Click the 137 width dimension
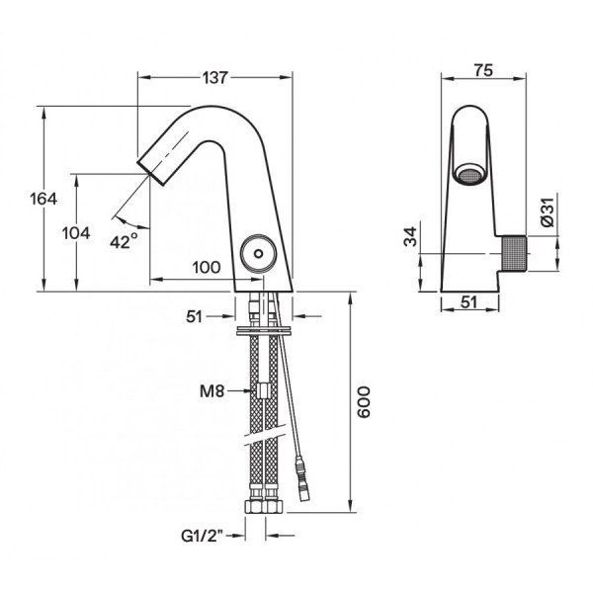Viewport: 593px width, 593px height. (215, 78)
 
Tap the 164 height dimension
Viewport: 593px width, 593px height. (43, 199)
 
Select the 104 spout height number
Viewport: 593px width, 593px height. (76, 233)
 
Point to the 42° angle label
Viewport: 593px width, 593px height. (125, 241)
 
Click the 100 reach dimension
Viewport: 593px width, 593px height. (207, 268)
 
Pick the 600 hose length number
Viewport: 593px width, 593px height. (364, 401)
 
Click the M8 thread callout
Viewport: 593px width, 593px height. (212, 391)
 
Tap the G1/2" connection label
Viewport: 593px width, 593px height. (203, 536)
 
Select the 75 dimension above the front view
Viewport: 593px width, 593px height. (483, 71)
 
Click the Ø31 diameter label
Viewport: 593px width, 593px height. (548, 212)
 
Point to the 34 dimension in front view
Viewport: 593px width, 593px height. (410, 236)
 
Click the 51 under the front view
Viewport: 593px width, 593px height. (468, 302)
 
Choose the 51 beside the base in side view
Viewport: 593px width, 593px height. (195, 317)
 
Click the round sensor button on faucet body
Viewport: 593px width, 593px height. (258, 253)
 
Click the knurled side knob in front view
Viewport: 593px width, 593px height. (514, 254)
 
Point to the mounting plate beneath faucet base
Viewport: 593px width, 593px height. (264, 330)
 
